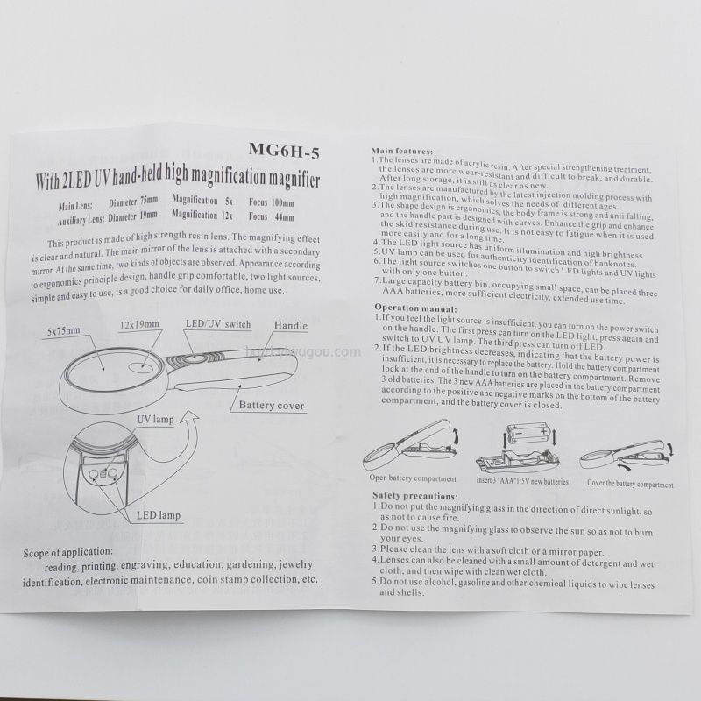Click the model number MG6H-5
coord(284,151)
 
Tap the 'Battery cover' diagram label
coord(272,406)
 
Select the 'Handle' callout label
coord(291,325)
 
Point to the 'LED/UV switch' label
coord(218,324)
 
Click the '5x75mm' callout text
coord(64,331)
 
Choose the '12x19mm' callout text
coord(139,324)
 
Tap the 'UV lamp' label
coord(155,420)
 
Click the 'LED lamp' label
coord(159,515)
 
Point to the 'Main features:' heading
coord(402,152)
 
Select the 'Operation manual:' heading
coord(415,308)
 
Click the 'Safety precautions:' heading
coord(414,496)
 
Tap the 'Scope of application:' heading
coord(68,553)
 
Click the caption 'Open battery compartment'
coord(413,478)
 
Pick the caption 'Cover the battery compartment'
coord(630,484)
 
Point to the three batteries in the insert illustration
coord(528,434)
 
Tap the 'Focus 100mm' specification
coord(272,202)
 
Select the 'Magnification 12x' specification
coord(202,215)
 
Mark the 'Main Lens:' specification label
coord(75,206)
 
